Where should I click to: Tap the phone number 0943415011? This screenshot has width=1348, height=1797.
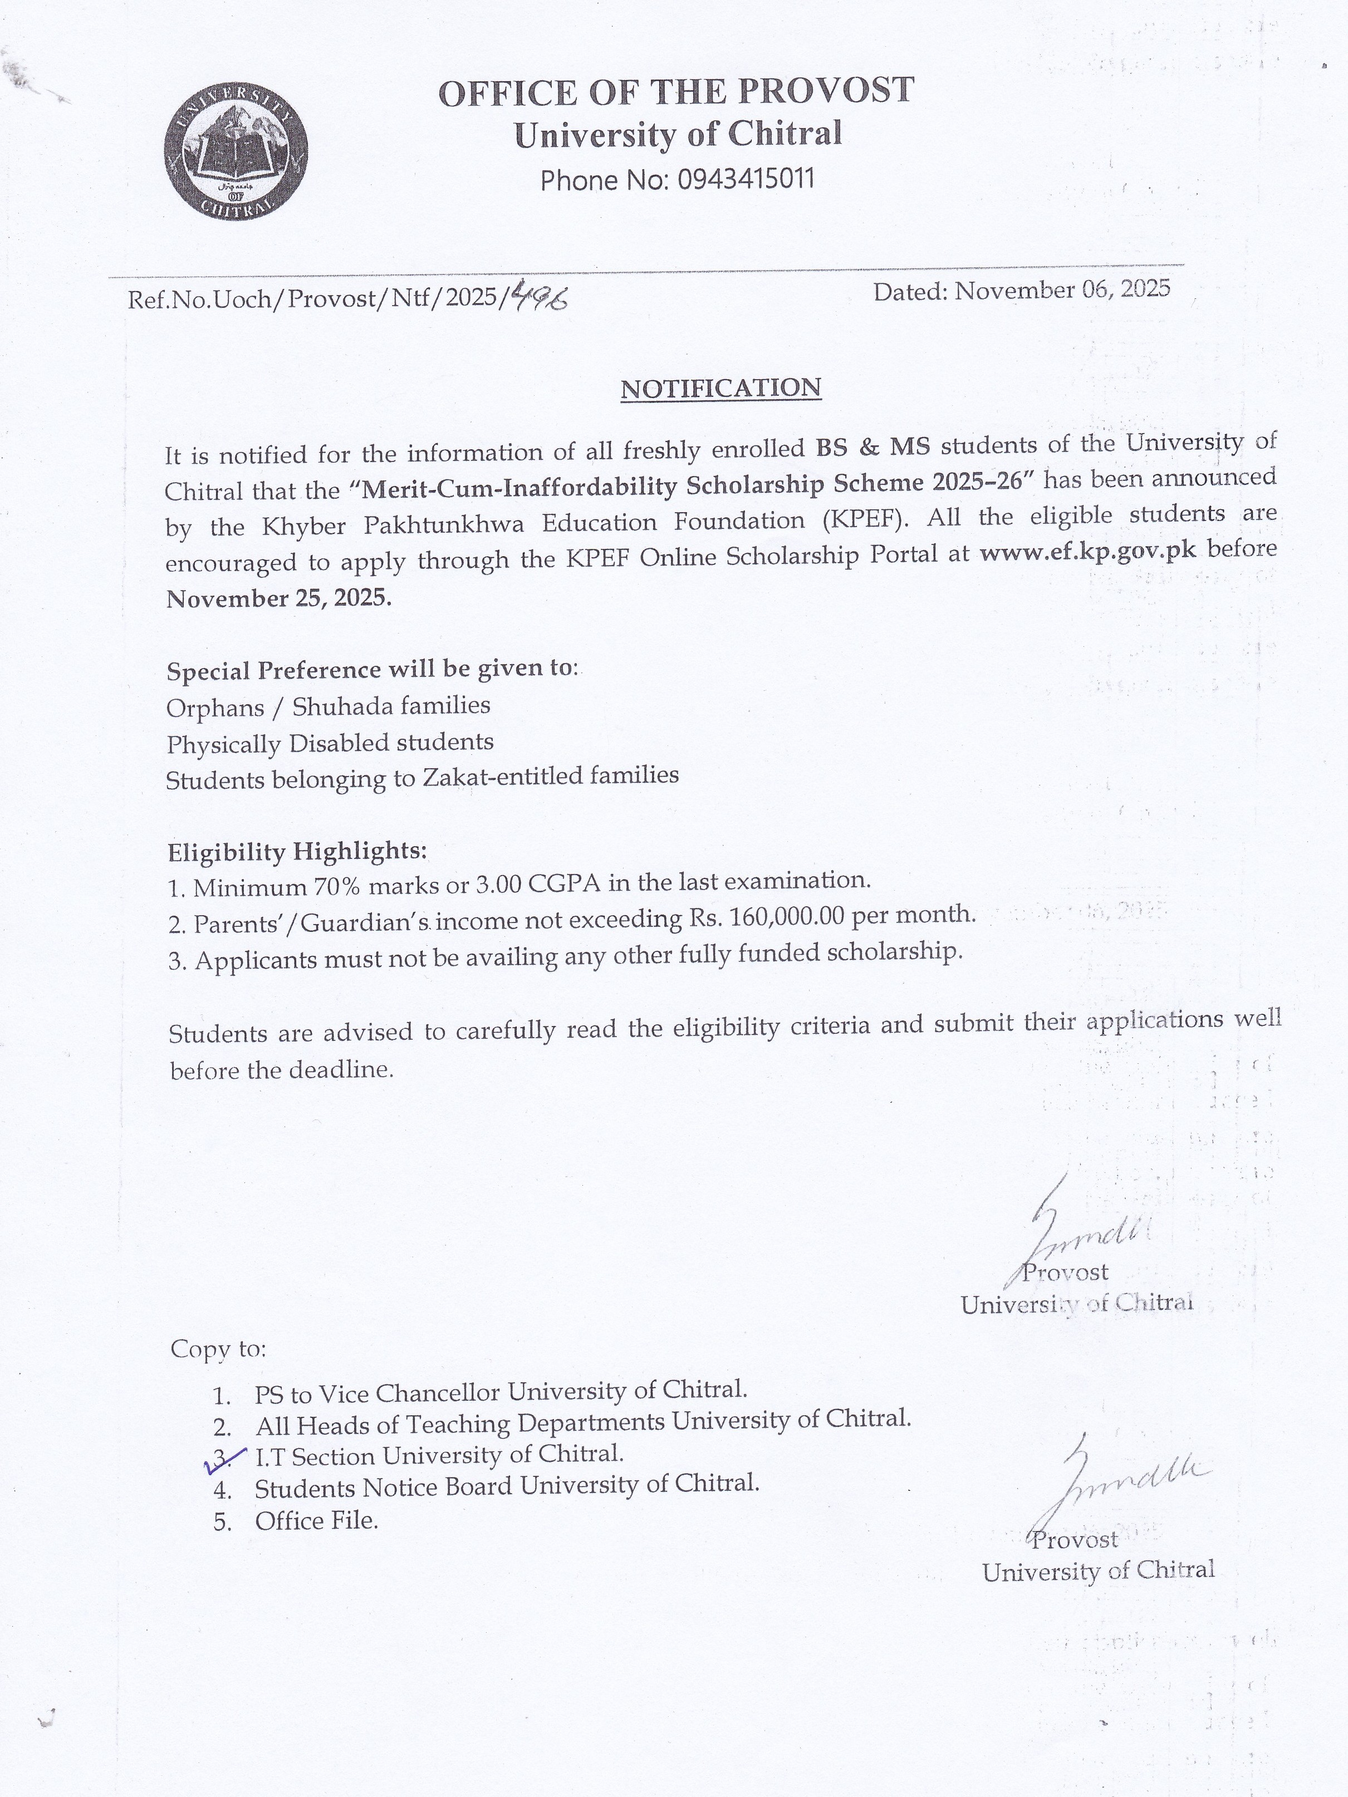pos(745,179)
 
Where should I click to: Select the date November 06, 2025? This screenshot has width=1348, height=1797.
pos(1062,289)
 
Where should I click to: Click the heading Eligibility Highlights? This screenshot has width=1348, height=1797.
pos(297,851)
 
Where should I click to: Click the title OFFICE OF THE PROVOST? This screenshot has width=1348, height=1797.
pos(676,92)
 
